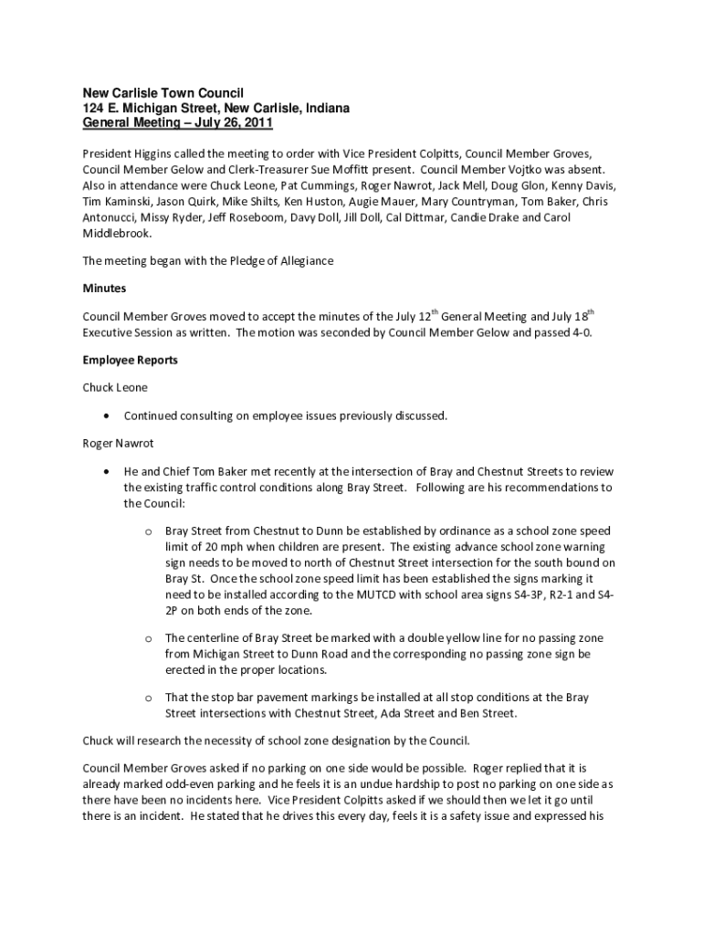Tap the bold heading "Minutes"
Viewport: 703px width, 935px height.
pos(104,289)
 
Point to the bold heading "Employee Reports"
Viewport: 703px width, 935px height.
pos(131,361)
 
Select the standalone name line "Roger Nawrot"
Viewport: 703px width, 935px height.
pos(118,444)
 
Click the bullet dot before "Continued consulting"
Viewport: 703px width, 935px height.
pos(108,416)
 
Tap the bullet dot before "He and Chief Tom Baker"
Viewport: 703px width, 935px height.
pos(108,472)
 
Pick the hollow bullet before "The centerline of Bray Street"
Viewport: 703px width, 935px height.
pos(147,638)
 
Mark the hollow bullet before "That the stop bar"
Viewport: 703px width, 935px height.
pos(147,698)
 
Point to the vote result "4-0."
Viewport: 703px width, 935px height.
pos(579,332)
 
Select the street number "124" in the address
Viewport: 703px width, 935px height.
pos(95,108)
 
